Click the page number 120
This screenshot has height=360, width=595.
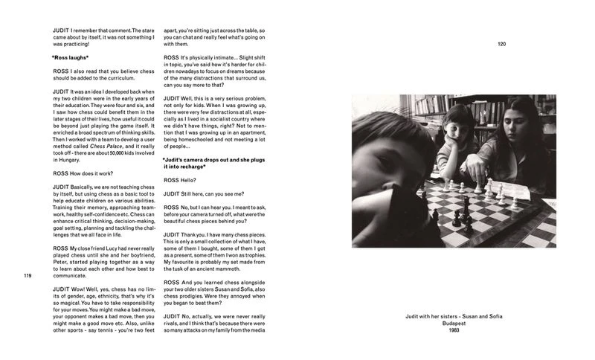click(x=501, y=45)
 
